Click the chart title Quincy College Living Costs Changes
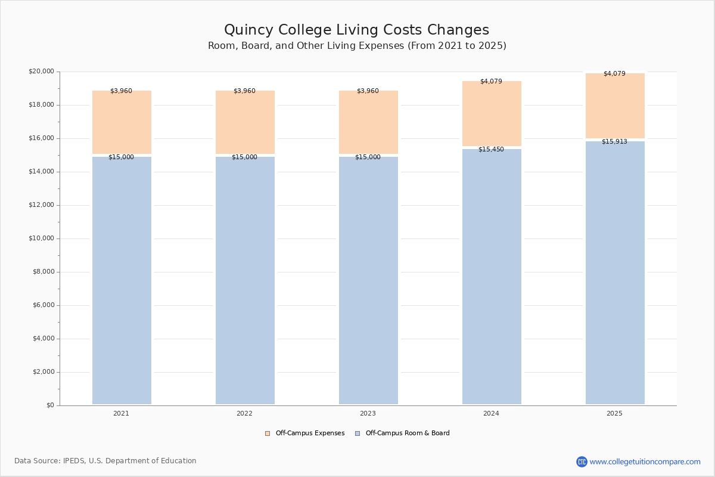coord(356,30)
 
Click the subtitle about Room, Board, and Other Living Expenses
coord(357,46)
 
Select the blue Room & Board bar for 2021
coord(122,280)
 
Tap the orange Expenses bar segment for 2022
coord(245,122)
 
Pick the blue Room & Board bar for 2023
coord(368,280)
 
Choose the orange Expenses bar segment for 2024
coord(492,113)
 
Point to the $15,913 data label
coord(614,142)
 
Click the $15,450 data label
coord(491,150)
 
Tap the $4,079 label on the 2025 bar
coord(614,74)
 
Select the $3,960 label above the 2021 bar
coord(121,91)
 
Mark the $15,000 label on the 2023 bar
coord(368,157)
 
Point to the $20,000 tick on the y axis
coord(41,72)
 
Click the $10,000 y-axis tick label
coord(41,238)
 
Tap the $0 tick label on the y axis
coord(50,405)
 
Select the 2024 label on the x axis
coord(491,414)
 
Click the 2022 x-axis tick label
coord(244,414)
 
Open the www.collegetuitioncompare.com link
coord(645,461)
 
